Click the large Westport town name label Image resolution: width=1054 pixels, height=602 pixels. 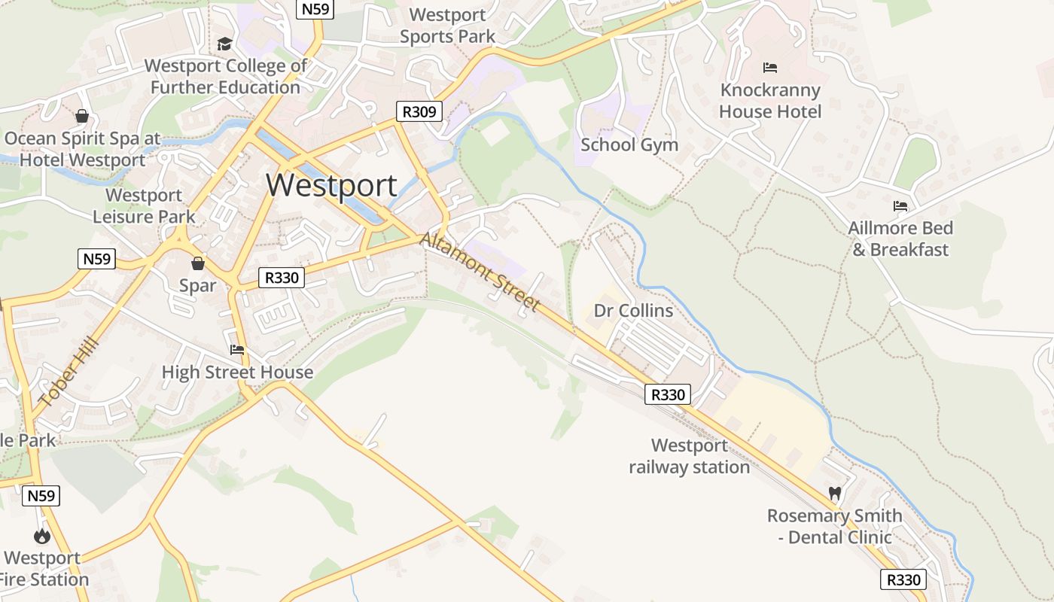click(331, 185)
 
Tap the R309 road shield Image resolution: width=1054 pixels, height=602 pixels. click(419, 112)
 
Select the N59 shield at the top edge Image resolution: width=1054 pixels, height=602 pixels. click(314, 9)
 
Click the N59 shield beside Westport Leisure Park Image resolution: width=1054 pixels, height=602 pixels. click(96, 260)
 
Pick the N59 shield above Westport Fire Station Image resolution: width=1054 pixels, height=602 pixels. click(41, 496)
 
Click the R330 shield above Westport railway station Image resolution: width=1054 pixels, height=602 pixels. click(667, 394)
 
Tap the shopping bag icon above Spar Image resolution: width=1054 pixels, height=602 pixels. click(198, 263)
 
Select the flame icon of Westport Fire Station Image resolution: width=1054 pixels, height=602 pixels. click(41, 536)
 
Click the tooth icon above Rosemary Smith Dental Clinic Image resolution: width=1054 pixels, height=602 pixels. click(834, 494)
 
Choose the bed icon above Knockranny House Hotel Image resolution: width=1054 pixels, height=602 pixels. click(769, 68)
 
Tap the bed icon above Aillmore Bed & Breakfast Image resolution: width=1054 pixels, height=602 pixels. click(900, 206)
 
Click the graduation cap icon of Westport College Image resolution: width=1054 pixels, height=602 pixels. click(224, 44)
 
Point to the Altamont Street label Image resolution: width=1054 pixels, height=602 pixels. click(480, 272)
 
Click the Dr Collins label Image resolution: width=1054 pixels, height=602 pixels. click(633, 311)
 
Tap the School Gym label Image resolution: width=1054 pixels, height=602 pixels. click(629, 144)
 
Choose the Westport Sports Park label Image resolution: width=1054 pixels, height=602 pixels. click(447, 25)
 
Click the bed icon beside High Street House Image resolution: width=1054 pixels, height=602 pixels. click(237, 350)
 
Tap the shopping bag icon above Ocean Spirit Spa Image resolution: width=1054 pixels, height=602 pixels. click(82, 116)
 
